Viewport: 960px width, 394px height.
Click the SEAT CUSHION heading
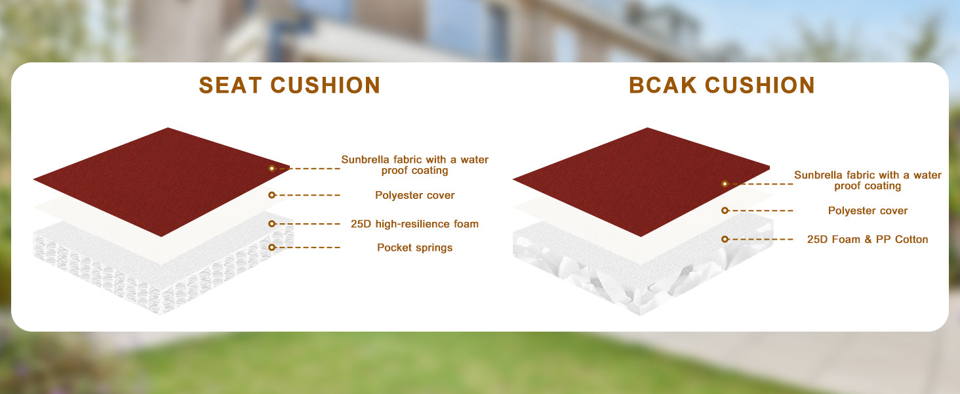point(289,85)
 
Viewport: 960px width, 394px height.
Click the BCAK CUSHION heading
point(722,85)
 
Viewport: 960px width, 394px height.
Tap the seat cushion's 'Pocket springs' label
point(414,248)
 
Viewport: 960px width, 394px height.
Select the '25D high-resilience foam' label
point(414,224)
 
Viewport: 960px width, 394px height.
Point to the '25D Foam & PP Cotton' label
point(868,240)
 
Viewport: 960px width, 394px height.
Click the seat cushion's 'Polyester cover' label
point(414,195)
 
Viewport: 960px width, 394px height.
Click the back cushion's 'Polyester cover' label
point(868,211)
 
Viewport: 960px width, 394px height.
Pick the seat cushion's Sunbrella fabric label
point(414,165)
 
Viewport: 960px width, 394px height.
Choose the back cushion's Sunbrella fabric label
point(868,181)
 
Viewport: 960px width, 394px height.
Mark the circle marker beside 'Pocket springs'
point(271,247)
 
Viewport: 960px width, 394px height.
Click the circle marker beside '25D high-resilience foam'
point(271,224)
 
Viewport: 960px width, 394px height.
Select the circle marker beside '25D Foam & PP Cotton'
point(725,239)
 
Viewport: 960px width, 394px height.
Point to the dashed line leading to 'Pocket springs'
point(308,248)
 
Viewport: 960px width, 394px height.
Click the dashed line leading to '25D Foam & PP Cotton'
point(761,240)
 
